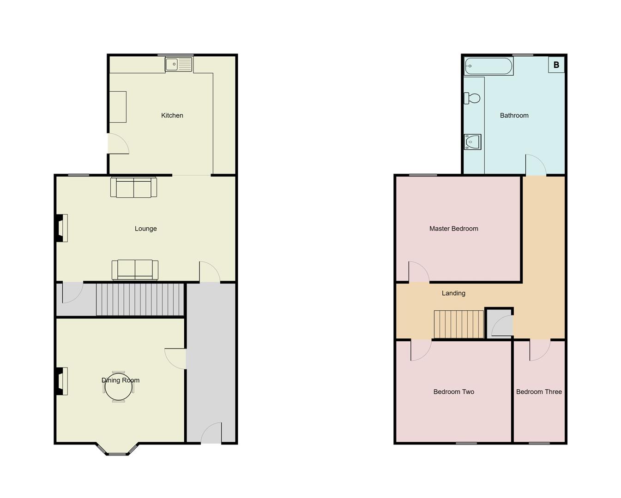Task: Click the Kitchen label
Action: (172, 115)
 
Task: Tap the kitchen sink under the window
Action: (179, 65)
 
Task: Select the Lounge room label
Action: (145, 228)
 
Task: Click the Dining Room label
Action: (121, 380)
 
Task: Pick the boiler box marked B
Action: (556, 65)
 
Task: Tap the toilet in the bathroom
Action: (472, 98)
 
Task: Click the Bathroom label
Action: (514, 115)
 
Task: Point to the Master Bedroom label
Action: (453, 228)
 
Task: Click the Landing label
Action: (453, 293)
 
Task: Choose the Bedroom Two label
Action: (453, 391)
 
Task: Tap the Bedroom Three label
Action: (539, 391)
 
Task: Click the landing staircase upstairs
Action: (458, 324)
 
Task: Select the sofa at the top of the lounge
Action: (133, 188)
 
